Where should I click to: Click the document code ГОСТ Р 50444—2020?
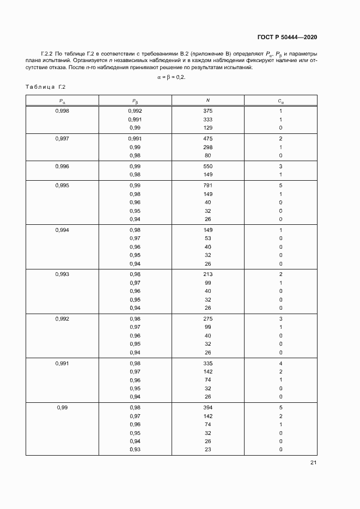tap(287, 37)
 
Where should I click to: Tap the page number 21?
tap(313, 463)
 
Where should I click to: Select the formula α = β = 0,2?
tap(171, 77)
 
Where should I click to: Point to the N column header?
tap(208, 100)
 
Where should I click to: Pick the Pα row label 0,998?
tap(62, 111)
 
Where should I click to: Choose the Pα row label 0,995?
tap(62, 185)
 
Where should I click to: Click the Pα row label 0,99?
tap(62, 408)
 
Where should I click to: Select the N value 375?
tap(208, 111)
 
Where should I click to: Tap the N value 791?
tap(208, 185)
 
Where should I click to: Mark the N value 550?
tap(208, 166)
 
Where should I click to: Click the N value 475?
tap(208, 138)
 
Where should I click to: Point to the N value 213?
tap(208, 274)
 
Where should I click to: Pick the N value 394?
tap(208, 408)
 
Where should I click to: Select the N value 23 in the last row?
tap(208, 450)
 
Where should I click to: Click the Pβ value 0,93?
tap(135, 450)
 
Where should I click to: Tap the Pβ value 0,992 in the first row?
tap(135, 111)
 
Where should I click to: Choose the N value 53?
tap(208, 238)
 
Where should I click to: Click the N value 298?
tap(208, 147)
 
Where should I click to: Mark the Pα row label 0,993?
tap(62, 274)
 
